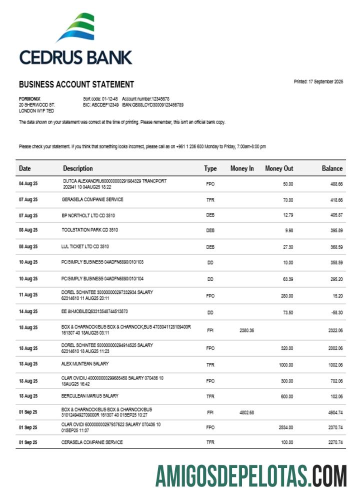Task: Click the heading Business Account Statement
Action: point(76,84)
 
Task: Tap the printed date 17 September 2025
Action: point(318,81)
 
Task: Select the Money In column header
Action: point(242,168)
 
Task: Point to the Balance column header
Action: point(332,168)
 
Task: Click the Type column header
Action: point(210,168)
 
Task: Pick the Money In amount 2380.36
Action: point(247,330)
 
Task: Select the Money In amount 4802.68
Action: point(247,412)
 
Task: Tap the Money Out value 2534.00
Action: point(285,427)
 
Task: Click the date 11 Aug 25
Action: point(28,295)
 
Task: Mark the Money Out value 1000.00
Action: point(285,365)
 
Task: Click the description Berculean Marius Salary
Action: point(90,396)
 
